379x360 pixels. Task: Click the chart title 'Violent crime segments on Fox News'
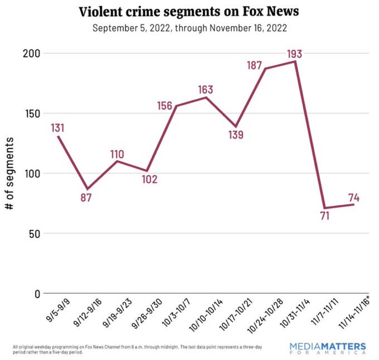click(x=189, y=11)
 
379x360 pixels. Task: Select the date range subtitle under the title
click(x=189, y=28)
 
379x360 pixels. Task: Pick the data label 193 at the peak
click(x=294, y=54)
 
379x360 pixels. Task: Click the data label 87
click(x=86, y=197)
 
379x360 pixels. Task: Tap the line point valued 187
click(x=265, y=69)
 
